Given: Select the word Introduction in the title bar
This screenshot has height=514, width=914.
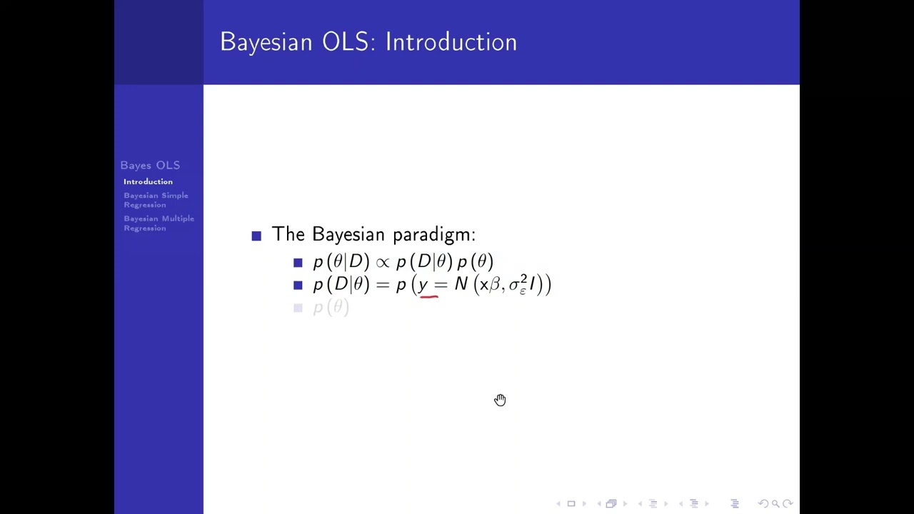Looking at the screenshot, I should tap(451, 42).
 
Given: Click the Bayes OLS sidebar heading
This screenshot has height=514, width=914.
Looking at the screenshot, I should tap(150, 166).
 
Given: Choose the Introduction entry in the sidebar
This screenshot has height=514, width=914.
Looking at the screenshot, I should tap(148, 182).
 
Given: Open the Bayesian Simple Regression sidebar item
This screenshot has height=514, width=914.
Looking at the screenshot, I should tap(156, 200).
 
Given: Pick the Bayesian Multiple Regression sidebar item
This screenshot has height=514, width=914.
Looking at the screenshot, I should tap(159, 223).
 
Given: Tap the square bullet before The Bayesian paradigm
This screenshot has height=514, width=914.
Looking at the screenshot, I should tap(256, 236).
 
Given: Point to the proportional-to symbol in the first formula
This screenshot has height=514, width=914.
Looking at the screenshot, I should tap(383, 263).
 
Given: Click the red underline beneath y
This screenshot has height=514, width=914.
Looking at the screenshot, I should tap(428, 294).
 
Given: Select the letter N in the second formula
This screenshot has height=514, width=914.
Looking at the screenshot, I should tap(461, 285).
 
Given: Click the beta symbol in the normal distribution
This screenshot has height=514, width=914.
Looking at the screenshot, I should tap(495, 286).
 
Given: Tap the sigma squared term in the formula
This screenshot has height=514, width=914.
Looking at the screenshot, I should tap(518, 285).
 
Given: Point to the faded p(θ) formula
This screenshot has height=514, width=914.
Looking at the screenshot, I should tap(331, 308).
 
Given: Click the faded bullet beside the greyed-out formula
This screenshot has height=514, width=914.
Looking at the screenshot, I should tap(298, 308).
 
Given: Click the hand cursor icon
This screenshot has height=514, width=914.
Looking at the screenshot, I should tap(500, 400).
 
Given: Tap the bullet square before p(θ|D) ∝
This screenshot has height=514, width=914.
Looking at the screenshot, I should tap(298, 263).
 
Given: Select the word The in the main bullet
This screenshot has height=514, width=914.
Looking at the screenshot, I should tap(288, 235).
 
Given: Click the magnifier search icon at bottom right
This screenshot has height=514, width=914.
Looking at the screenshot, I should tap(775, 504).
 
